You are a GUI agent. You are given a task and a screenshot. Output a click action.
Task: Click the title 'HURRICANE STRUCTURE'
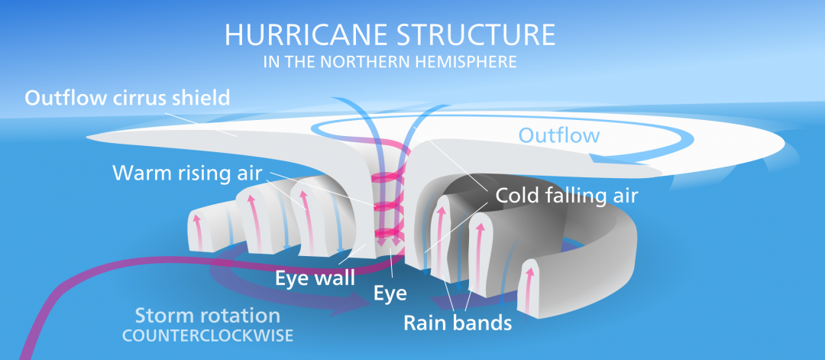390,36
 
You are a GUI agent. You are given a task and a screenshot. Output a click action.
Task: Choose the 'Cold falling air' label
567,195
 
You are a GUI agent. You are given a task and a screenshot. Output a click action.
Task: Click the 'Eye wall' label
315,278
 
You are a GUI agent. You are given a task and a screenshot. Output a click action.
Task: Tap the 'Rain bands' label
458,323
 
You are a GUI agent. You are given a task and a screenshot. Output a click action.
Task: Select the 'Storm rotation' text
207,316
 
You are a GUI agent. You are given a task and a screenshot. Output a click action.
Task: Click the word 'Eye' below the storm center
390,292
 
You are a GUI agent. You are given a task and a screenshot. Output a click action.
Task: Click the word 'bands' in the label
482,323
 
